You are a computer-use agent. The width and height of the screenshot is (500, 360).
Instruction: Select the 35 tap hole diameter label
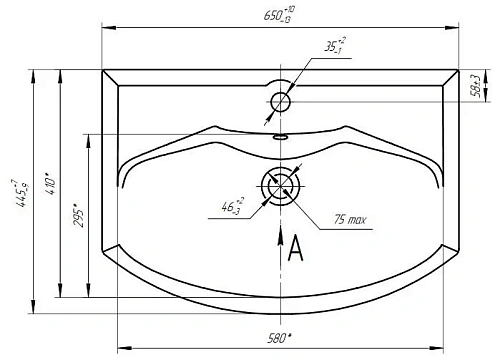[333, 45]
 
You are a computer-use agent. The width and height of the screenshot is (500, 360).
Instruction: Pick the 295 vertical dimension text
[76, 218]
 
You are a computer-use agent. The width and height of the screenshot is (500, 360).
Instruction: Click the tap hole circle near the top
[281, 101]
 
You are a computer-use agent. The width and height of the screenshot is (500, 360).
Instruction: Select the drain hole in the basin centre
[280, 187]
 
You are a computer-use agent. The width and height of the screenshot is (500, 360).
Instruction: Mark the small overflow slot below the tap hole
[281, 136]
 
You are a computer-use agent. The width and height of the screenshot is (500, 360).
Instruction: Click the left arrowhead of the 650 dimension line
[107, 27]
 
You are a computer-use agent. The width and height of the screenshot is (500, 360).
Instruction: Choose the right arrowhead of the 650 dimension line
[456, 27]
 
